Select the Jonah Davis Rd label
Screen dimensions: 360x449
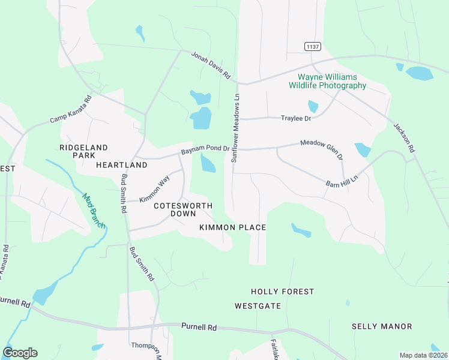[211, 65]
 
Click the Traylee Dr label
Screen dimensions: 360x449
[295, 118]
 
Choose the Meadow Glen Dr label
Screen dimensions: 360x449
[322, 149]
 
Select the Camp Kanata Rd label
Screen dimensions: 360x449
[70, 110]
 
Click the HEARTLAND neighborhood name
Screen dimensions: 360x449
[122, 164]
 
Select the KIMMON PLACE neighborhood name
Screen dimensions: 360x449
[233, 228]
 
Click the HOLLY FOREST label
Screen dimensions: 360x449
[282, 292]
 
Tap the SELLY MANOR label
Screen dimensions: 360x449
[382, 326]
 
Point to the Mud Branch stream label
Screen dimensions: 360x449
[94, 210]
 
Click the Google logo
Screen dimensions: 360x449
[20, 353]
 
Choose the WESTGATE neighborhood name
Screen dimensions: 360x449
[258, 306]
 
